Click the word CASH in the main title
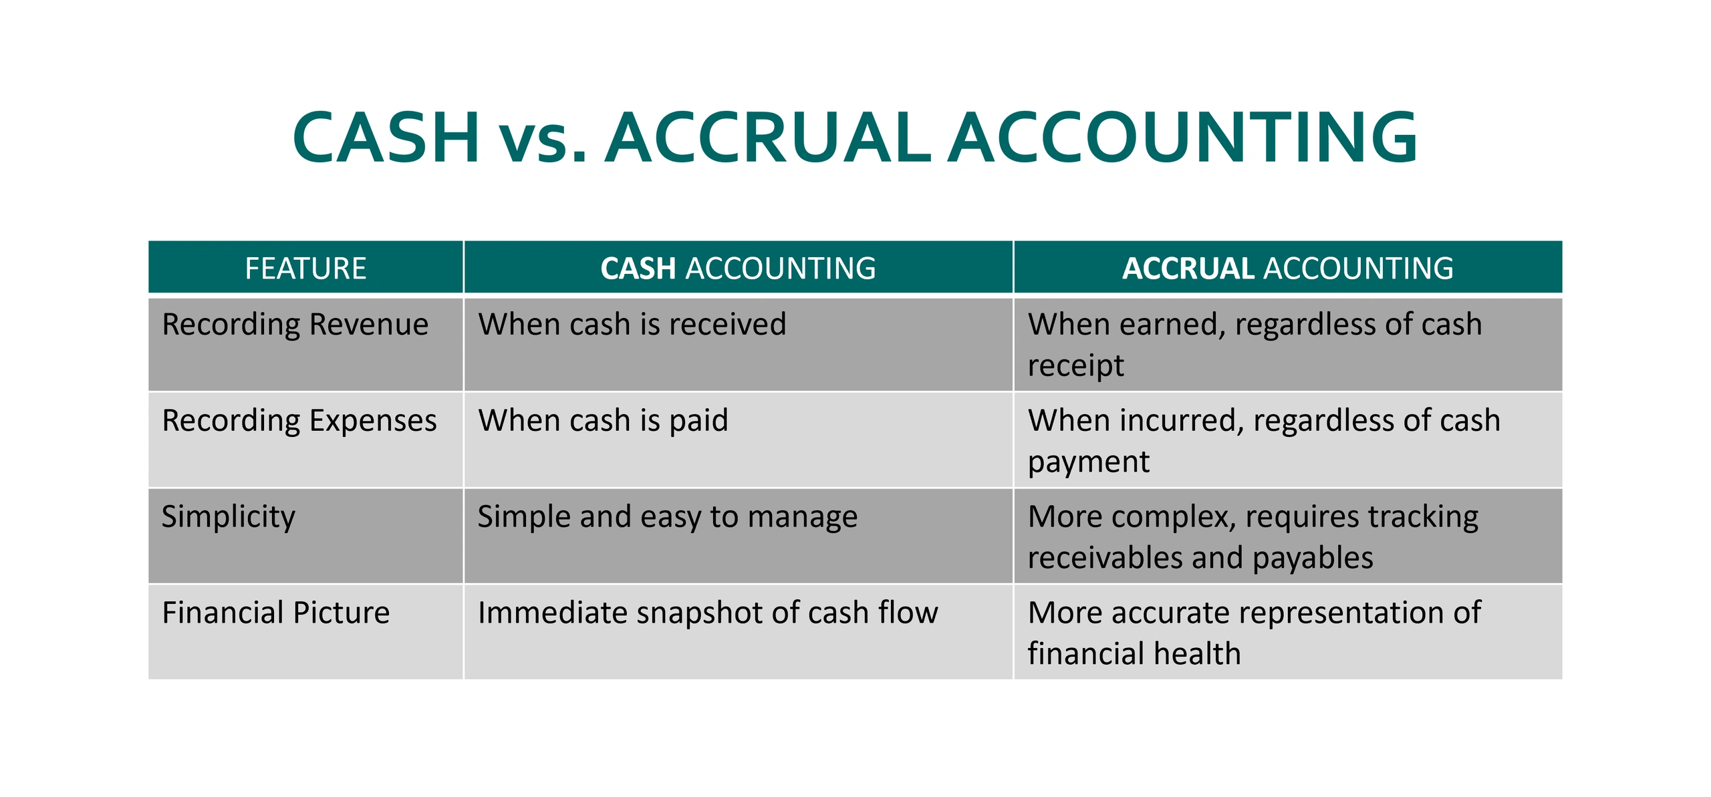pos(386,138)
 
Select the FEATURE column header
pos(305,269)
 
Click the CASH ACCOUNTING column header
pos(738,269)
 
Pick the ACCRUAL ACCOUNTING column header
pos(1287,269)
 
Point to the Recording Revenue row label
pos(295,325)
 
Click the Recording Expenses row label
pos(299,421)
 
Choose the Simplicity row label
pos(228,517)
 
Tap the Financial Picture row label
pos(275,613)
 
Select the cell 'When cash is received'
pos(632,325)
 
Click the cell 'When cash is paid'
pos(603,421)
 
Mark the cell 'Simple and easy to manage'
pos(667,517)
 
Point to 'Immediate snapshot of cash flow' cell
pos(708,613)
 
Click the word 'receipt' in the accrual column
pos(1075,366)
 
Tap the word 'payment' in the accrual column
pos(1088,462)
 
